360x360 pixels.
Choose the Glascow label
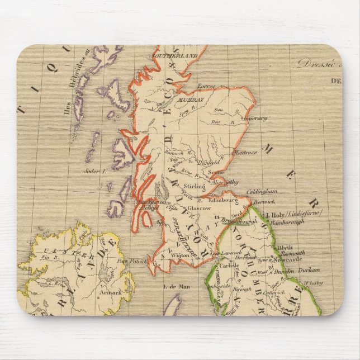(x=199, y=207)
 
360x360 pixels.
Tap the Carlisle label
(x=238, y=266)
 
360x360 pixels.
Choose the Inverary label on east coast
(x=253, y=118)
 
